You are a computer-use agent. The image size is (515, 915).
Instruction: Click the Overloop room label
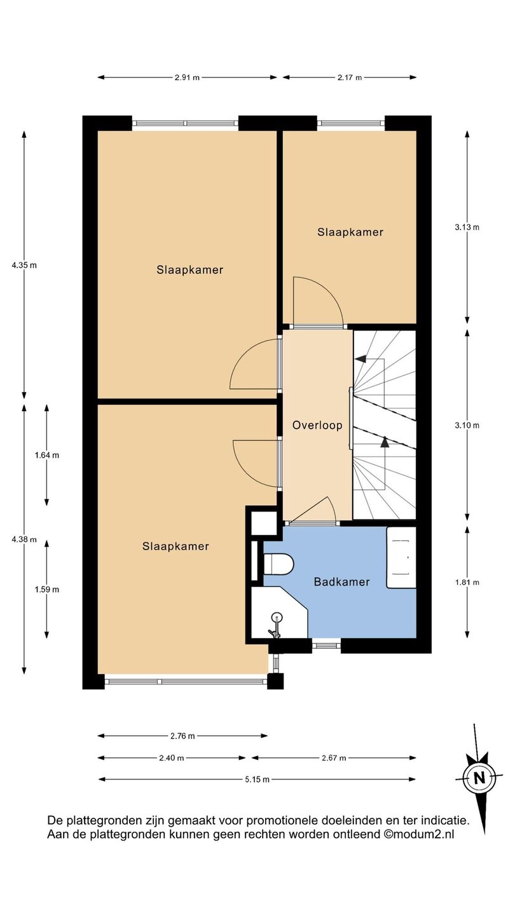pyautogui.click(x=317, y=425)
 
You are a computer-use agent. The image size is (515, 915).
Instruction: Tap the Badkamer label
pyautogui.click(x=341, y=581)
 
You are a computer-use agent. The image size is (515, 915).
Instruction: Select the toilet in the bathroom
pyautogui.click(x=278, y=564)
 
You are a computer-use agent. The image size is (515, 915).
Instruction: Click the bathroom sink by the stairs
pyautogui.click(x=401, y=558)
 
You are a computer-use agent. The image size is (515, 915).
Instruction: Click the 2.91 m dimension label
pyautogui.click(x=187, y=78)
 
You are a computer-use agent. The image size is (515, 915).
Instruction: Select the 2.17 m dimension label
pyautogui.click(x=350, y=78)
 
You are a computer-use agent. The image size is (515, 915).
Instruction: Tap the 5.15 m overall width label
pyautogui.click(x=257, y=780)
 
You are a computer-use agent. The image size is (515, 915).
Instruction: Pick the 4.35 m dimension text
pyautogui.click(x=24, y=265)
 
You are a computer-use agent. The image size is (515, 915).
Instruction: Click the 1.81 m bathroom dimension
pyautogui.click(x=467, y=583)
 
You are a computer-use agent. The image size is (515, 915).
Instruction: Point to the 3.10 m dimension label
pyautogui.click(x=467, y=425)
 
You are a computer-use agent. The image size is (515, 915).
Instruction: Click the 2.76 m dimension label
pyautogui.click(x=182, y=736)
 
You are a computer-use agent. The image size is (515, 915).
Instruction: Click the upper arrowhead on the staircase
pyautogui.click(x=360, y=358)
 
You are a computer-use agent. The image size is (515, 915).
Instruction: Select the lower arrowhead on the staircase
pyautogui.click(x=384, y=442)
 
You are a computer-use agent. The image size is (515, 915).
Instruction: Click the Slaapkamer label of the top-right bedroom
pyautogui.click(x=350, y=232)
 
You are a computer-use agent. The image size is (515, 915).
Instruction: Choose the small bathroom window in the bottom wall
pyautogui.click(x=326, y=646)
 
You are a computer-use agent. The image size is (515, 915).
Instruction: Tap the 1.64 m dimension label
pyautogui.click(x=46, y=455)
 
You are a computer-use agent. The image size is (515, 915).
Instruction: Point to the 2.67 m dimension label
pyautogui.click(x=334, y=758)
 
